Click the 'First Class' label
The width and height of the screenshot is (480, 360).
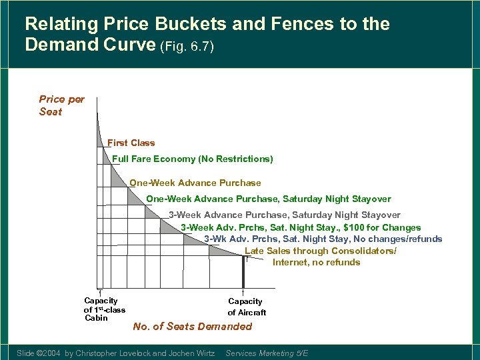point(131,143)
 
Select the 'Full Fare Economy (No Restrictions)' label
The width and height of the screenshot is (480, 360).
point(193,159)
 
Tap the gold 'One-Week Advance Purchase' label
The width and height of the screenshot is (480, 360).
point(195,183)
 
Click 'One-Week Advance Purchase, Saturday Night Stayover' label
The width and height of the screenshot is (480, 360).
point(269,199)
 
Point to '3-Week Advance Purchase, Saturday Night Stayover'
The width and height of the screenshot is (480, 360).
point(285,215)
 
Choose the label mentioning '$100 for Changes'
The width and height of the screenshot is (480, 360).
point(301,227)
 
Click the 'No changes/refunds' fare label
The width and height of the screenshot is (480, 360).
point(323,239)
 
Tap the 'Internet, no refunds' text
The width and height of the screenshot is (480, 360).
point(316,262)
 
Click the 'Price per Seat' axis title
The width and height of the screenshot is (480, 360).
point(61,105)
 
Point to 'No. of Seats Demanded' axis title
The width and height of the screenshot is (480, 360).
point(193,326)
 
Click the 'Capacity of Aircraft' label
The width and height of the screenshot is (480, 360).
point(246,307)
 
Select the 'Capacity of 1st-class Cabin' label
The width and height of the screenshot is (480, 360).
point(103,309)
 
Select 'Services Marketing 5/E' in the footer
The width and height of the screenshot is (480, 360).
point(267,353)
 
